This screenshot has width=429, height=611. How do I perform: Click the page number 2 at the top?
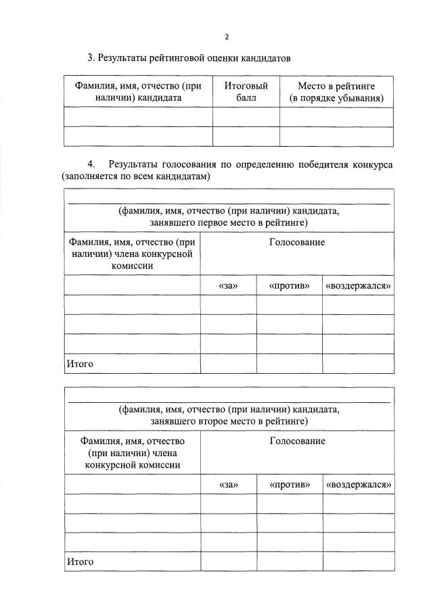(228, 36)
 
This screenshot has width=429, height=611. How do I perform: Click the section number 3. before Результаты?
(91, 58)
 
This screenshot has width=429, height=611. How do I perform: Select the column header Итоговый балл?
(246, 92)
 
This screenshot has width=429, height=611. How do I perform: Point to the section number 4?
(91, 164)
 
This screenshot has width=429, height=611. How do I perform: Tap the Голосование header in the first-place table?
(297, 242)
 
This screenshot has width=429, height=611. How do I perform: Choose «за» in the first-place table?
(228, 286)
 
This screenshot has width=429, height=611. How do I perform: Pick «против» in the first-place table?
(289, 286)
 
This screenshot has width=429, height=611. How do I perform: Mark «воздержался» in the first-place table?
(359, 286)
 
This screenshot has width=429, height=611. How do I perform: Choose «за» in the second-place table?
(228, 485)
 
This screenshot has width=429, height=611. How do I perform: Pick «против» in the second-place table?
(289, 485)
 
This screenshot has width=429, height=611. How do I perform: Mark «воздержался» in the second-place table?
(359, 485)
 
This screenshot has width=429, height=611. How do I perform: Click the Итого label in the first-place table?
(79, 364)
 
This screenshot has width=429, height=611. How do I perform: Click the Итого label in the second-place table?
(79, 562)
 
